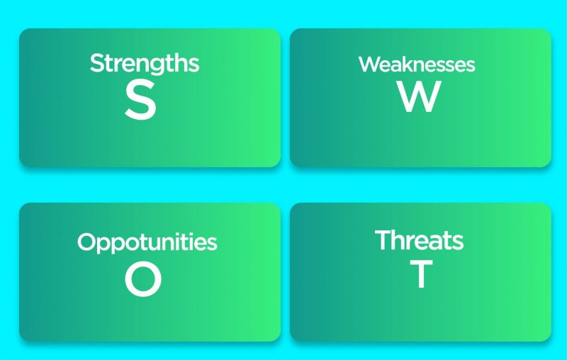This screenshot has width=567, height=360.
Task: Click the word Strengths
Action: (144, 63)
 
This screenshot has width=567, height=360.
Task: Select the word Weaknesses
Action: (417, 64)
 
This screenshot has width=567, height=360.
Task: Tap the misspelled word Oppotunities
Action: (147, 242)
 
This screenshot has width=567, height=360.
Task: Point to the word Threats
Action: (419, 240)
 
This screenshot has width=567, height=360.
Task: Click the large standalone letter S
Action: (140, 101)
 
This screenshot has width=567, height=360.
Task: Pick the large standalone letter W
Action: (419, 97)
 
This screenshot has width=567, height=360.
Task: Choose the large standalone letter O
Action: (143, 280)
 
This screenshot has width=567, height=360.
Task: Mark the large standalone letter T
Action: (421, 274)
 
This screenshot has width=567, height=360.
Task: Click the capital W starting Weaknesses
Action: (369, 64)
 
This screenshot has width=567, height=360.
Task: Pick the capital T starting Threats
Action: (383, 240)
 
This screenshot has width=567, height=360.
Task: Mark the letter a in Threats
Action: (436, 242)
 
